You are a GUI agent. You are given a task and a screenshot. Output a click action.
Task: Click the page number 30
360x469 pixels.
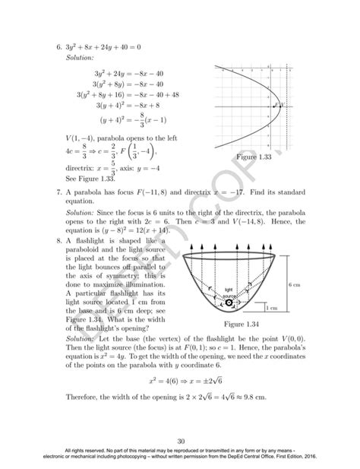pyautogui.click(x=180, y=441)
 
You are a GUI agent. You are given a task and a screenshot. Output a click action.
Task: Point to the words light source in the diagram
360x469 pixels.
pyautogui.click(x=228, y=291)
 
